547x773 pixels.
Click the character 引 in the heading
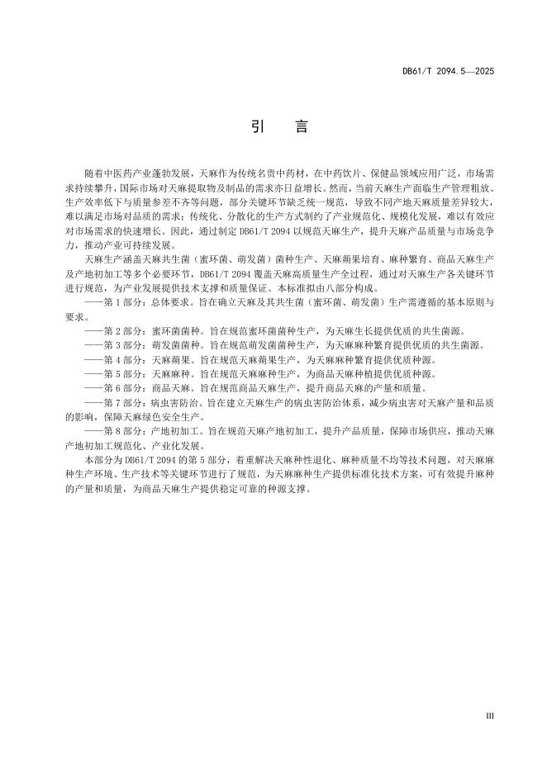click(x=256, y=127)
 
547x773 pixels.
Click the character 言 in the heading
click(x=300, y=127)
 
